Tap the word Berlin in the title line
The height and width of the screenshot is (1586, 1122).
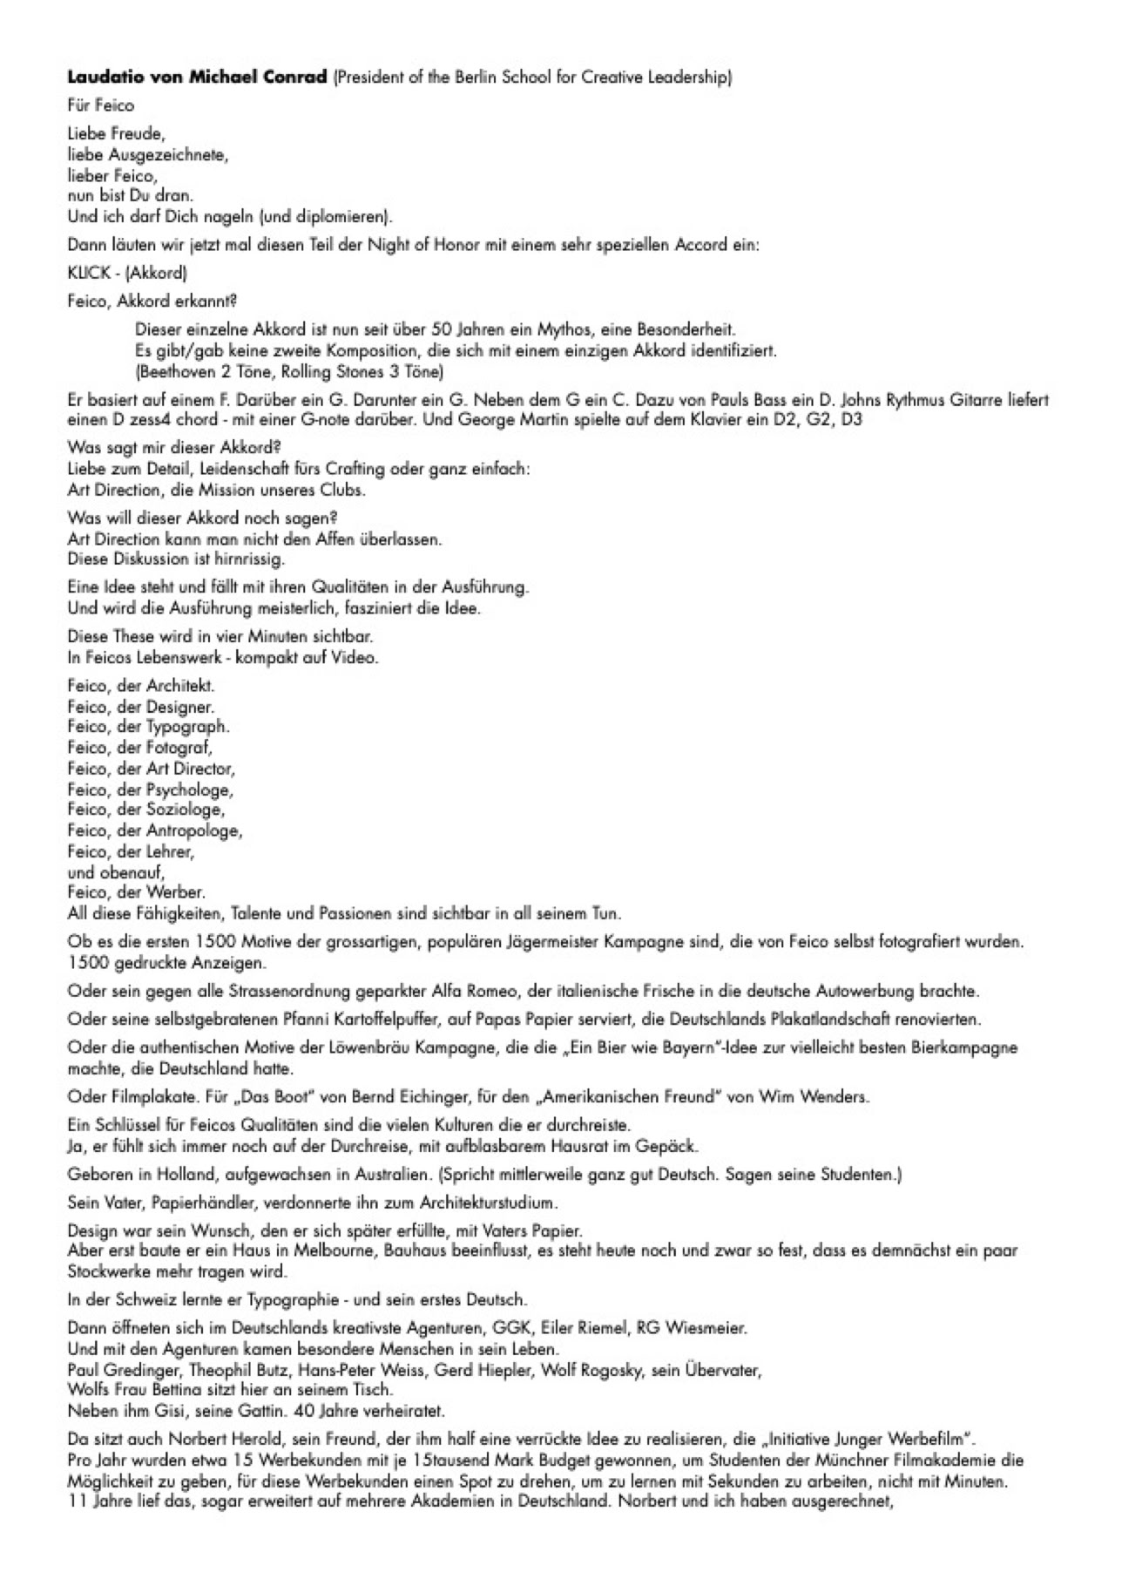tap(473, 78)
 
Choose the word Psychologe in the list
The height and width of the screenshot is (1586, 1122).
tap(189, 790)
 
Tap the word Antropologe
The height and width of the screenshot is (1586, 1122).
tap(194, 831)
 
